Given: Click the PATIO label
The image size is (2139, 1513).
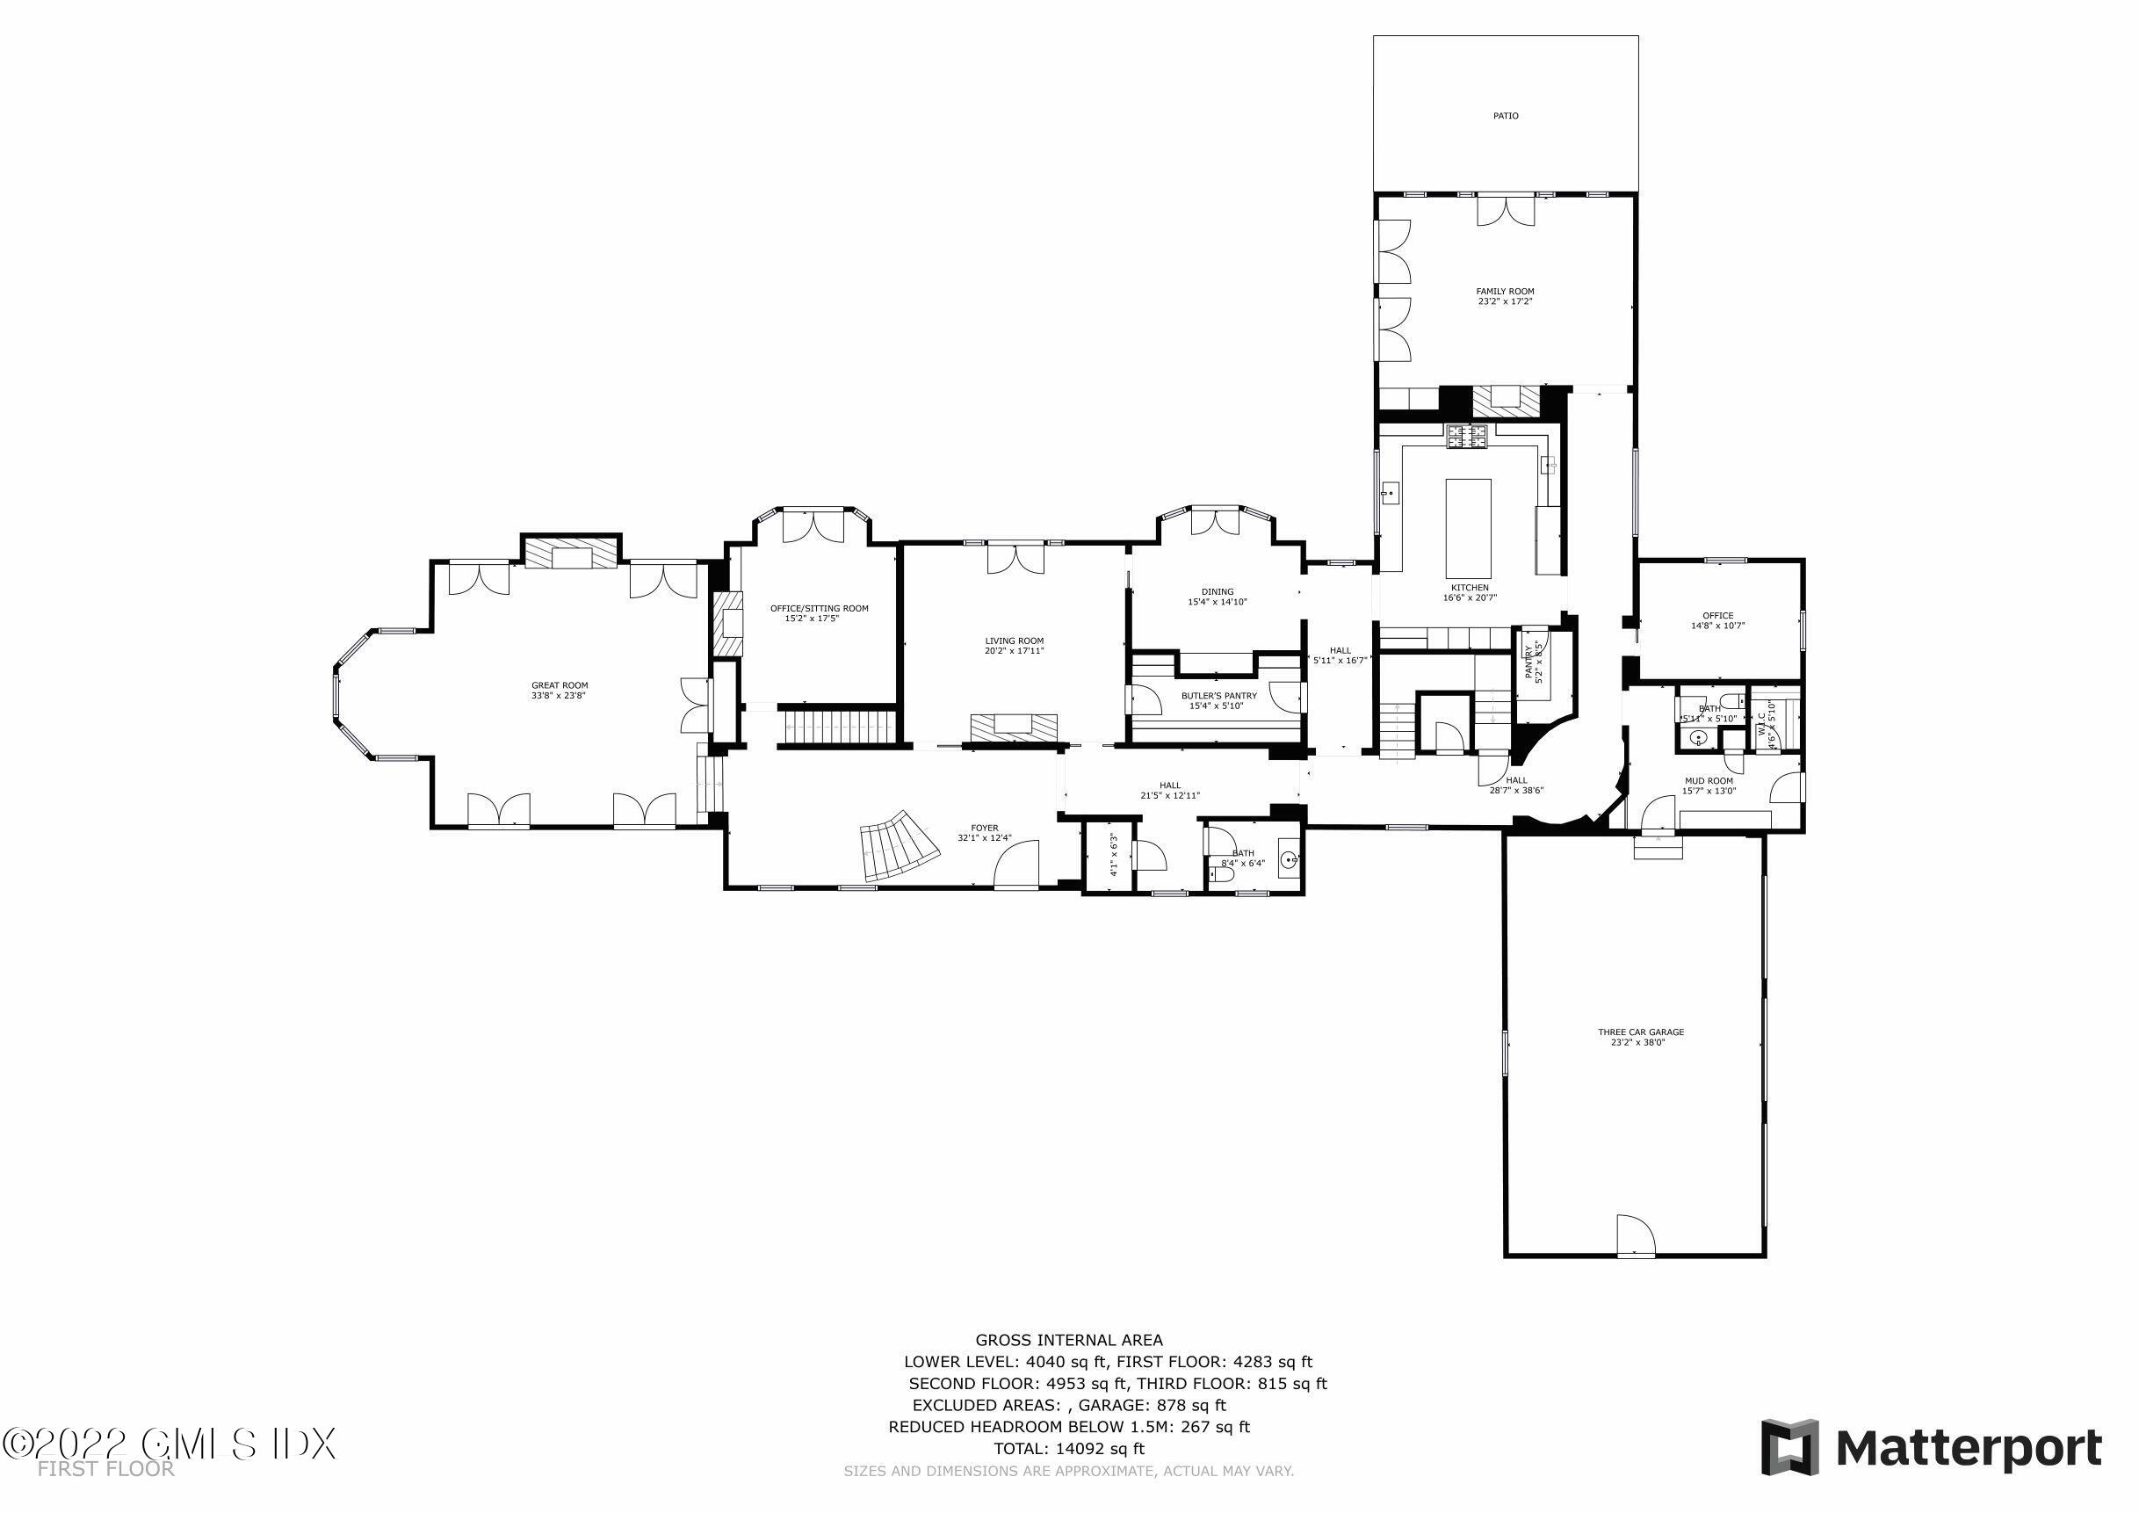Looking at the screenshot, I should [x=1506, y=115].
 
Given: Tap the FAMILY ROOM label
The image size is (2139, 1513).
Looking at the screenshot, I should [x=1505, y=292].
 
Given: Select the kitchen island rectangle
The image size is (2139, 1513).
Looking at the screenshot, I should [x=1467, y=528].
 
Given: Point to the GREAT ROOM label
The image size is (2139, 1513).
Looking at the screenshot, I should [x=560, y=684].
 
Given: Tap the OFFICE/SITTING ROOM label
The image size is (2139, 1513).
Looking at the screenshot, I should [x=819, y=608].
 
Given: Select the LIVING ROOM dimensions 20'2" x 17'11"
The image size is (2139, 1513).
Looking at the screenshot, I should [x=1015, y=651].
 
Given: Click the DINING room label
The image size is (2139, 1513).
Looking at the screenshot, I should [x=1217, y=591].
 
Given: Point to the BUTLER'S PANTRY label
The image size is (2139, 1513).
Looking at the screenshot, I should [x=1218, y=696].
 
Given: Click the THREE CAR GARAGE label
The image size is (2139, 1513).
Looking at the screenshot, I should [x=1641, y=1032].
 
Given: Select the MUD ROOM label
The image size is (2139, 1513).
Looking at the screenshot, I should [x=1708, y=781].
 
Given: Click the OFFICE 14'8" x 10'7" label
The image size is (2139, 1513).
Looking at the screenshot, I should [x=1717, y=620].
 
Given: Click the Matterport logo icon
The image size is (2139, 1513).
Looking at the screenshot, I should [x=1789, y=1447].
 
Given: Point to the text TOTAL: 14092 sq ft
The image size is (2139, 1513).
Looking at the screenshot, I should [x=1067, y=1449].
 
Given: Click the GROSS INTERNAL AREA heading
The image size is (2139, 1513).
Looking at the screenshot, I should [x=1068, y=1341].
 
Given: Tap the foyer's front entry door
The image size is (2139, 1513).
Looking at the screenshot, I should [x=1016, y=864].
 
